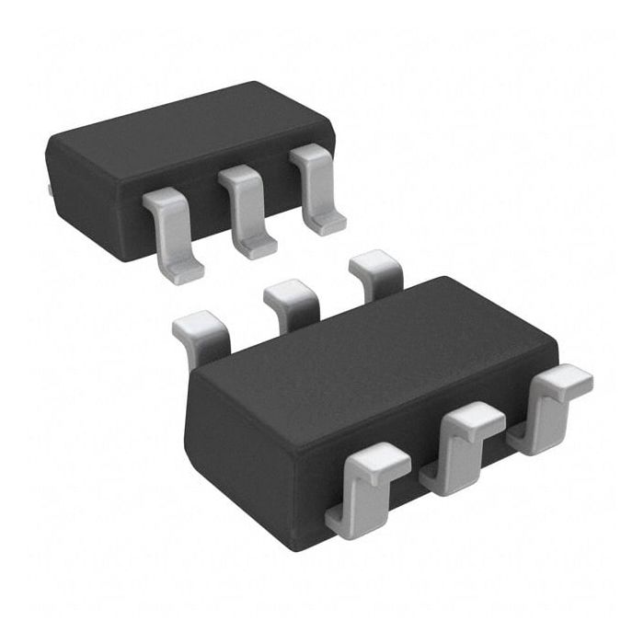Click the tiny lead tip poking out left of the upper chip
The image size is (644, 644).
pyautogui.click(x=49, y=190)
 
